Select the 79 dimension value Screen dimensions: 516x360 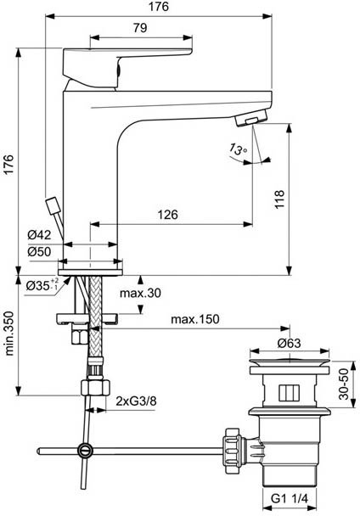(x=140, y=28)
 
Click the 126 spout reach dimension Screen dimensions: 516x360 (x=166, y=216)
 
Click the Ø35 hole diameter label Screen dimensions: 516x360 (x=42, y=284)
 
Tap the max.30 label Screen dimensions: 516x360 (x=140, y=293)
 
